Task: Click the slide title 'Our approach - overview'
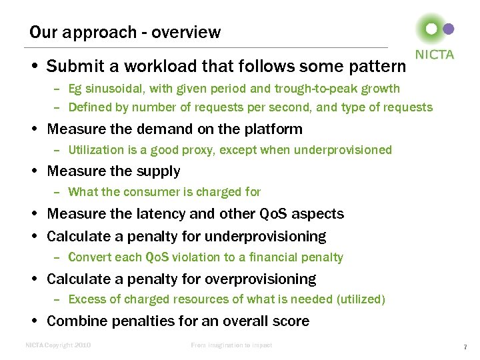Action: point(125,32)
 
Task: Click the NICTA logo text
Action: point(434,55)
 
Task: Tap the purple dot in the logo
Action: point(449,29)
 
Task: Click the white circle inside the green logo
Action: point(431,29)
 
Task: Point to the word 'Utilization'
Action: point(96,150)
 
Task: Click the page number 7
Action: point(465,347)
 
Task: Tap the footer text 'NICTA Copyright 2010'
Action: point(58,345)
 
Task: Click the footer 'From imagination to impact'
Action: point(231,345)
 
